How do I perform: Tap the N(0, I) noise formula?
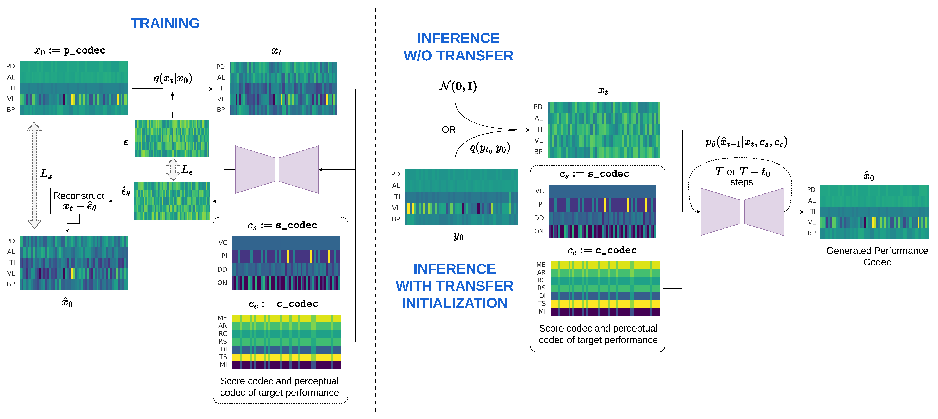[x=458, y=86]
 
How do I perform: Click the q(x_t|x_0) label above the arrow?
[x=173, y=78]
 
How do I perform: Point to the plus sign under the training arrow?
[x=172, y=106]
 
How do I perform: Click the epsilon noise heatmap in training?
[x=172, y=139]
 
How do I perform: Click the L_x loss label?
[x=46, y=174]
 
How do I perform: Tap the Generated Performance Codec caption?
[x=877, y=256]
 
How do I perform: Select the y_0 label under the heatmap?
[x=458, y=237]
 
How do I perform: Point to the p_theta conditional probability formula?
[x=746, y=142]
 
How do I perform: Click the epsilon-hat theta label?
[x=126, y=192]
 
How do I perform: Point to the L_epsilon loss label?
[x=187, y=170]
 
